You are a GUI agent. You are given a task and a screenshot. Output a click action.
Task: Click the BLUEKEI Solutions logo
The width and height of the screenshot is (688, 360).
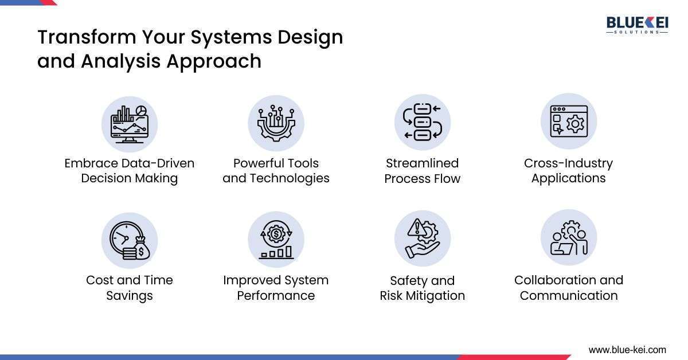pyautogui.click(x=636, y=25)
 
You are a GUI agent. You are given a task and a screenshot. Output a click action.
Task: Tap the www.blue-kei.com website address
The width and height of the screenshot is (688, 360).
pyautogui.click(x=627, y=349)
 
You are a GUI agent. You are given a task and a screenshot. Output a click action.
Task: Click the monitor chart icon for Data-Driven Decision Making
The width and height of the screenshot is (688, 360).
pyautogui.click(x=130, y=123)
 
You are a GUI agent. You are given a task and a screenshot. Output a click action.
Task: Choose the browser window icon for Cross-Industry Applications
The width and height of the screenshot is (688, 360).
pyautogui.click(x=568, y=122)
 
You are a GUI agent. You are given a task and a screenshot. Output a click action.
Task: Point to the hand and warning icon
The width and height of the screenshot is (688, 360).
pyautogui.click(x=422, y=239)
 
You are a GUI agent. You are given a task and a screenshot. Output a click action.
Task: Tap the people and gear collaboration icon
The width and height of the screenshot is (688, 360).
pyautogui.click(x=568, y=238)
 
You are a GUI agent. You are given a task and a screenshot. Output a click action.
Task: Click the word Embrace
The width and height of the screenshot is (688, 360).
pyautogui.click(x=87, y=163)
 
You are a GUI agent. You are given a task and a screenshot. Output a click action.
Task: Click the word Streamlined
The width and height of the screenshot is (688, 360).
pyautogui.click(x=422, y=163)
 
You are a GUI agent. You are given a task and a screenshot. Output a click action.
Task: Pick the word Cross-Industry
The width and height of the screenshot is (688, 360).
pyautogui.click(x=568, y=163)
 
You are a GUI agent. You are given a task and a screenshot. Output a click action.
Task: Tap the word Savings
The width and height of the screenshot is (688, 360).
pyautogui.click(x=130, y=296)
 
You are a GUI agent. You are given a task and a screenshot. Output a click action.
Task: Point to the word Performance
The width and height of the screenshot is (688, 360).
pyautogui.click(x=276, y=296)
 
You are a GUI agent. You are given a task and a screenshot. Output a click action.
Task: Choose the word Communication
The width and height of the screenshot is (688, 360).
pyautogui.click(x=568, y=296)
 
